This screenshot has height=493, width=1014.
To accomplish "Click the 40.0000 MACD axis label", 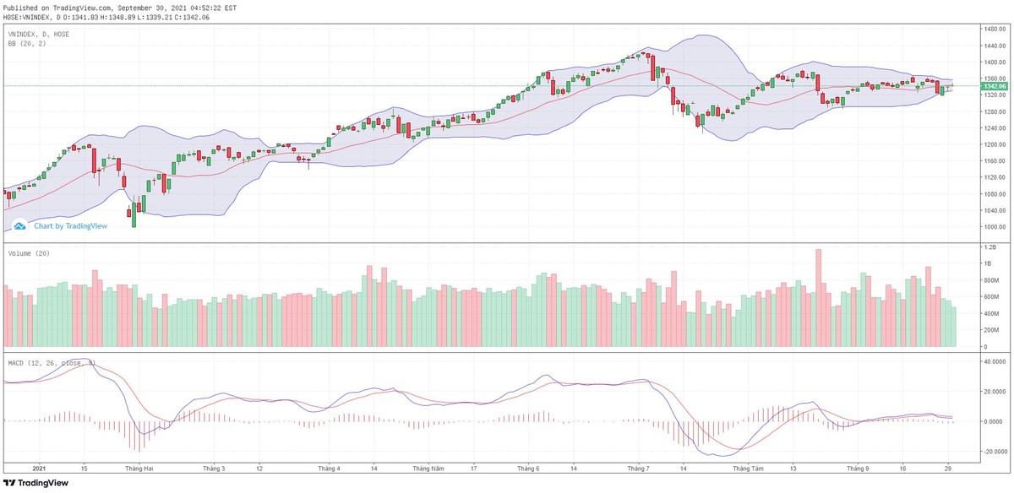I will coord(991,360).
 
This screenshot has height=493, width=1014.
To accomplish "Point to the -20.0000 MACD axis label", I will coord(991,451).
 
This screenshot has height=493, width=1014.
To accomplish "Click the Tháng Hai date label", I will coord(139,467).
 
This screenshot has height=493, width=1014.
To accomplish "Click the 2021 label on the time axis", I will coord(38,467).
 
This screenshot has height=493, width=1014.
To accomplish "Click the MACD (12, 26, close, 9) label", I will coord(52,363).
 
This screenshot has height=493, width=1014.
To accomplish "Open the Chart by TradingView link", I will coord(64,225).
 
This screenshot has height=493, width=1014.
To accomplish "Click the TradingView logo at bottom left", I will coord(39,483).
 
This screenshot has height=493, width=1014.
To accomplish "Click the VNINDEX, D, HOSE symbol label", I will coord(39,34).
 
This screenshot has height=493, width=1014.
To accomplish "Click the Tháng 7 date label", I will coord(637,467).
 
